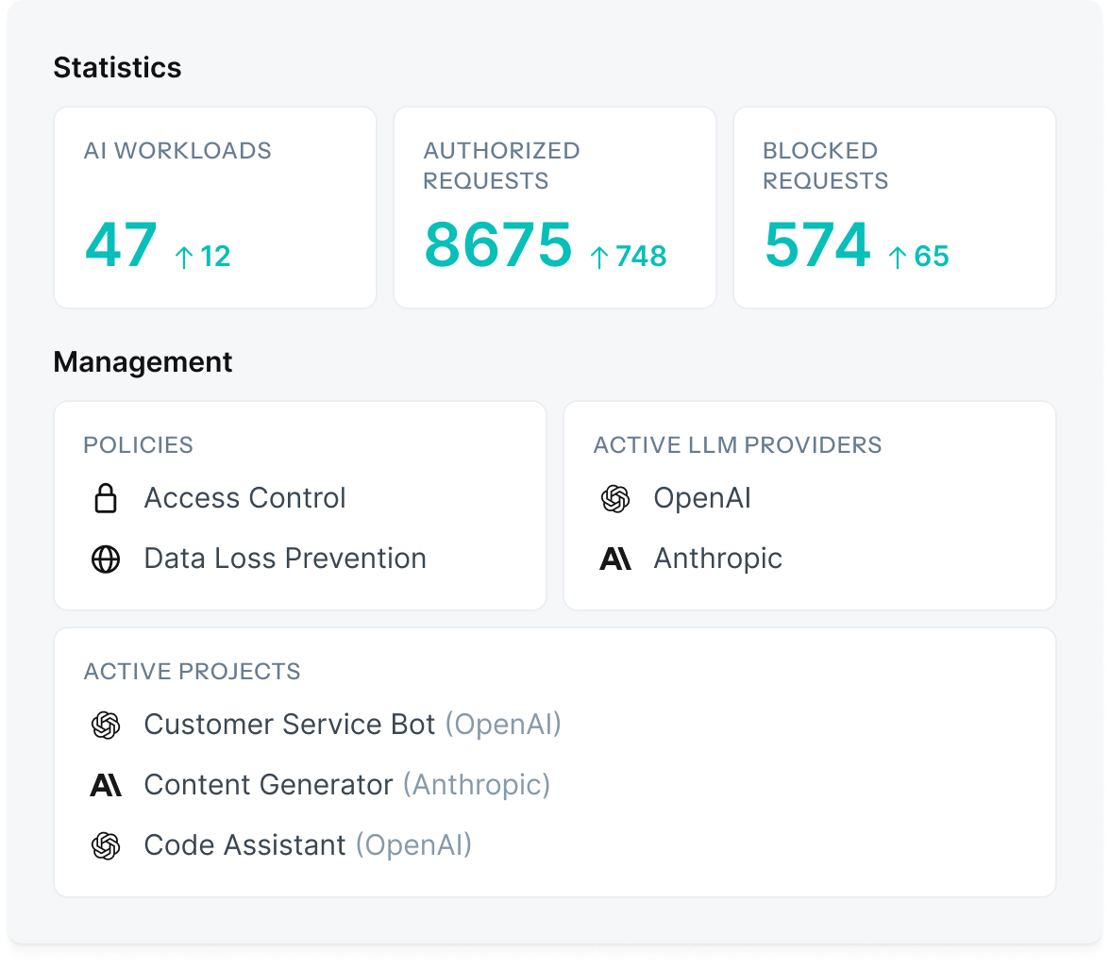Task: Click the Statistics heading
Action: coord(117,68)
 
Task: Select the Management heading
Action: coord(143,362)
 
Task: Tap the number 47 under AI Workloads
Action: coord(121,244)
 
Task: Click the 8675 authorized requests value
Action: coord(497,244)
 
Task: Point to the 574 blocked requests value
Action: coord(816,244)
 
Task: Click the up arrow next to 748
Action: coord(598,257)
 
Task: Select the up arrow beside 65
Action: coord(898,257)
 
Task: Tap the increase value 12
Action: coord(215,257)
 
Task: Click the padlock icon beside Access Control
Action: coord(106,498)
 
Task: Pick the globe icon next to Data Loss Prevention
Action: coord(106,559)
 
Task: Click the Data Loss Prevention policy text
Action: coord(285,559)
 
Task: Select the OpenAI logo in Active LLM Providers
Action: coord(615,498)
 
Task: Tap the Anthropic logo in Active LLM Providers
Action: coord(615,559)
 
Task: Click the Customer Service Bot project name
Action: coord(290,725)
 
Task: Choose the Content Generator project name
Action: coord(268,785)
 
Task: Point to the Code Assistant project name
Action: coord(244,845)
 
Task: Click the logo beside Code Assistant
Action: coord(106,845)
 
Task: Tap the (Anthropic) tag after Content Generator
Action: coord(477,785)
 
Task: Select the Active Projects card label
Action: coord(192,672)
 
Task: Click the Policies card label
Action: coord(138,445)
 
